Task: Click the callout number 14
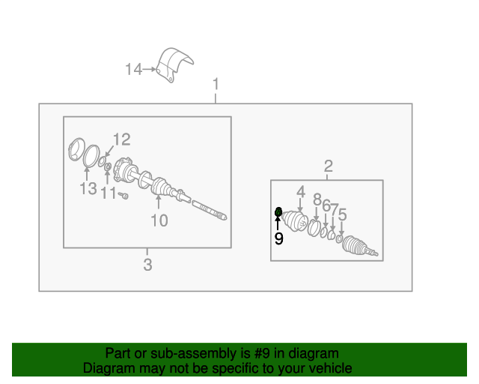pos(133,70)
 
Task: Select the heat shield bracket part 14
pos(174,64)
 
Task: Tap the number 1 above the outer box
pos(216,84)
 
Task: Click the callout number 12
pos(121,139)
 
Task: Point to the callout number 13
pos(88,188)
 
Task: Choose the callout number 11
pos(109,193)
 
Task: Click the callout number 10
pos(159,220)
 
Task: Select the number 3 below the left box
pos(147,265)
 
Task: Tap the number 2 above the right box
pos(328,166)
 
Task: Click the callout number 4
pos(301,192)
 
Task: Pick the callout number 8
pos(317,199)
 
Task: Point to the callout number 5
pos(343,214)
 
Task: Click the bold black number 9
pos(278,238)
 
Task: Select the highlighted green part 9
pos(278,211)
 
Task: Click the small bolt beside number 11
pos(123,195)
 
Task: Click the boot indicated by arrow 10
pos(160,187)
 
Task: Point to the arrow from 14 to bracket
pos(150,70)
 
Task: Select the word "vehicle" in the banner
pos(334,368)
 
